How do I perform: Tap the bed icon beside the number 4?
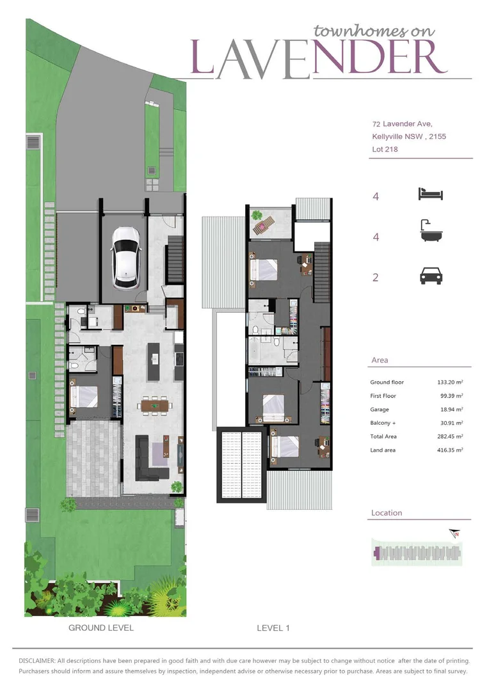click(x=431, y=194)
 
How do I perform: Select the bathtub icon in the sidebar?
click(x=431, y=232)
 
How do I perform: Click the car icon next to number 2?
click(x=431, y=277)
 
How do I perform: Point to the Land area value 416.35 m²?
click(x=450, y=450)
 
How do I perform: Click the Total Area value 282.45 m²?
click(x=450, y=436)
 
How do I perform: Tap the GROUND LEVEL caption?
click(x=101, y=628)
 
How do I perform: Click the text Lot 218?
click(x=385, y=149)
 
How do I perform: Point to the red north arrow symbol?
click(x=455, y=533)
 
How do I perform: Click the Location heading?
click(x=387, y=512)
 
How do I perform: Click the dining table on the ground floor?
click(x=156, y=405)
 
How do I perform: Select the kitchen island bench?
click(x=154, y=362)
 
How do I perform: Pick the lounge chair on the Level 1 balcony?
click(x=263, y=224)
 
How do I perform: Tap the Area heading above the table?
click(x=380, y=360)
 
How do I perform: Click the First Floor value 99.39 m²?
click(x=452, y=396)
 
